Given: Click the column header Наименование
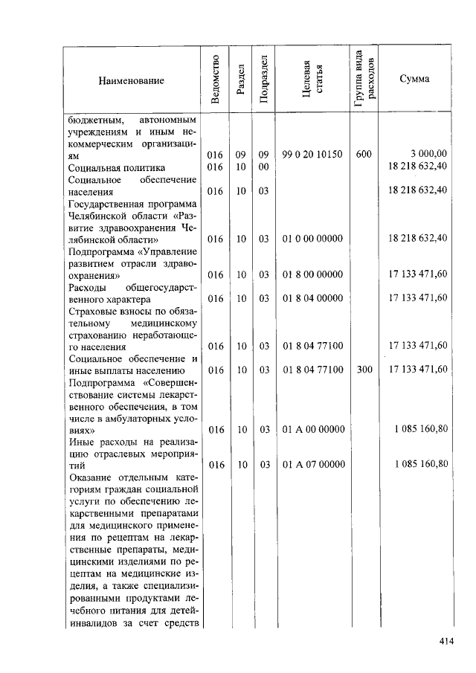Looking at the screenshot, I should point(131,80).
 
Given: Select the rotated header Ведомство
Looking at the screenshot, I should point(216,80).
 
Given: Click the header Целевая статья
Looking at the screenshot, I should point(312,80).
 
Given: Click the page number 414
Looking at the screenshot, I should point(446,641).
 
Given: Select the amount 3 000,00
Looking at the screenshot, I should point(428,154).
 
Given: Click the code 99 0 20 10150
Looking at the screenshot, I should point(312,154).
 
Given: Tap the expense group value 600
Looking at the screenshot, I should point(364,154).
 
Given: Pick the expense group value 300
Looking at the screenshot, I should point(364,370).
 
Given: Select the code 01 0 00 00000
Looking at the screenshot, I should point(312,239).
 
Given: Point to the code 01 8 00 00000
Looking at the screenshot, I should point(312,274).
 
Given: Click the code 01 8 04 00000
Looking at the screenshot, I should point(312,298).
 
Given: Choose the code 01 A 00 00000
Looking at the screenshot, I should point(312,429).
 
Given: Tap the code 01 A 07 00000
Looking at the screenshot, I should point(312,465).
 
